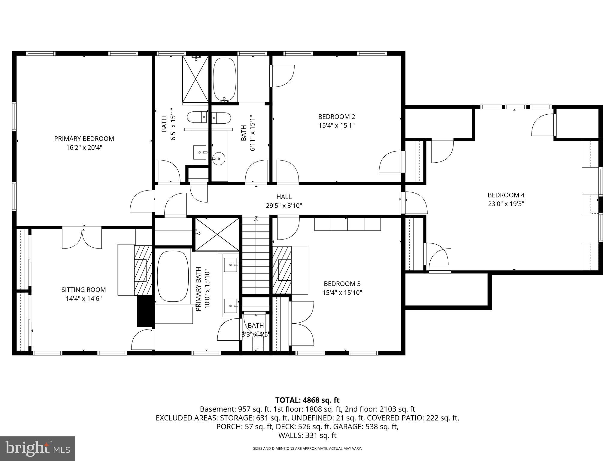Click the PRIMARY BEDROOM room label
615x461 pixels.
(84, 139)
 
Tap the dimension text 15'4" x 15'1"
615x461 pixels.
(337, 125)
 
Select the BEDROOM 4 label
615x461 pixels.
(506, 195)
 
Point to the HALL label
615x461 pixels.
(284, 197)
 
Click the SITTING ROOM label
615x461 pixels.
(83, 290)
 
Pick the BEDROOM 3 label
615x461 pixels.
(342, 284)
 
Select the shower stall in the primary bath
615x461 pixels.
(217, 234)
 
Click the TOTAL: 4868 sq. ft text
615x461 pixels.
(307, 400)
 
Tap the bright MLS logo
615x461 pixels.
(38, 448)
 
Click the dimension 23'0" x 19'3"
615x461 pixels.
(506, 204)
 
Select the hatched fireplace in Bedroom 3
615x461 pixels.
(282, 270)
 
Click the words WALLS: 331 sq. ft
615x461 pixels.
(307, 435)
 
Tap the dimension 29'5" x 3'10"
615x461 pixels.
(284, 206)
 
